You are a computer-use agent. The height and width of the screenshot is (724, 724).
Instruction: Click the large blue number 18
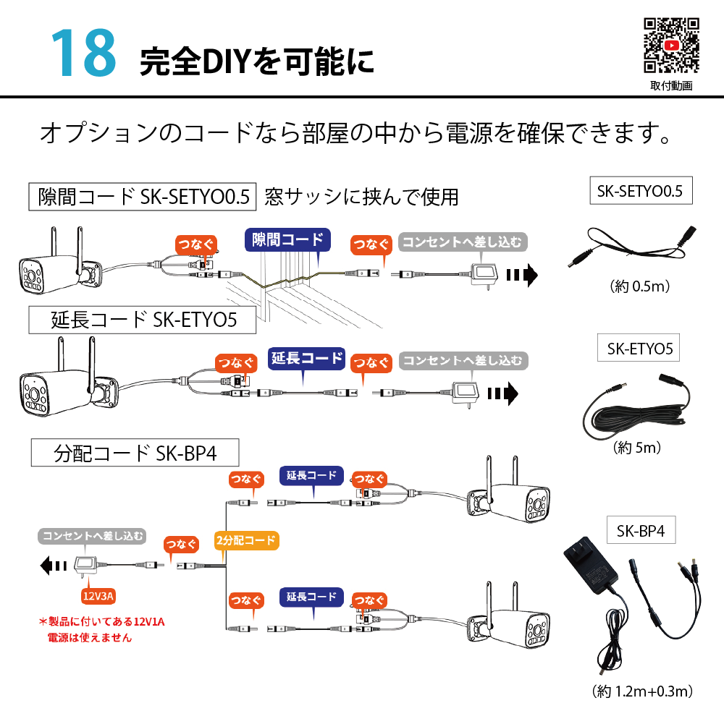tap(84, 52)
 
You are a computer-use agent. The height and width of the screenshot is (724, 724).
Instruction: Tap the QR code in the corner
tap(671, 46)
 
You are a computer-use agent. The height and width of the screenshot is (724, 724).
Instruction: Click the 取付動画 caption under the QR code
tap(671, 86)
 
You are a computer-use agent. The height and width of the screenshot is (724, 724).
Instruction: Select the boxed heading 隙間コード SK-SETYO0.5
tap(143, 197)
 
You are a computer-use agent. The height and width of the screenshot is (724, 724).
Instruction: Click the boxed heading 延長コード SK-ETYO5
tap(143, 320)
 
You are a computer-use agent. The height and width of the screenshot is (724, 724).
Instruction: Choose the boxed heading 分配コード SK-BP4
tap(135, 453)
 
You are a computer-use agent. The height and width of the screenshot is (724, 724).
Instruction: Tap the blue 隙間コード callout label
tap(287, 239)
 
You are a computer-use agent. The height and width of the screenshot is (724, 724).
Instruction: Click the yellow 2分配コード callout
tap(246, 540)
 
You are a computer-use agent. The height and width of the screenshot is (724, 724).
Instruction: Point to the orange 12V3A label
tap(98, 596)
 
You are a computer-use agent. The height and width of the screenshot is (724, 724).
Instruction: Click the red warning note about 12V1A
tap(101, 629)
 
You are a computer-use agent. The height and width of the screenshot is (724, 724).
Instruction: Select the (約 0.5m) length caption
tap(640, 286)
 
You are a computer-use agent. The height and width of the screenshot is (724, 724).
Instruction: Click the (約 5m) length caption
tap(636, 447)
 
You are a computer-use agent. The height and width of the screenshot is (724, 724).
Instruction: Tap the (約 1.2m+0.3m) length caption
tap(642, 691)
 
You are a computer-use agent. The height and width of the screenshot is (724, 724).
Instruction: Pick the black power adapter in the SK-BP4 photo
tap(590, 568)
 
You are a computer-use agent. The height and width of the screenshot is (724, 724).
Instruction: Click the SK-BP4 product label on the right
tap(641, 531)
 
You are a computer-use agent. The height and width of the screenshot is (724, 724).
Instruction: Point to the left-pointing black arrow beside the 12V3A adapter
tap(53, 566)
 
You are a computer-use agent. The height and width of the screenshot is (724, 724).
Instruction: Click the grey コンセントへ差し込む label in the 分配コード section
tap(92, 536)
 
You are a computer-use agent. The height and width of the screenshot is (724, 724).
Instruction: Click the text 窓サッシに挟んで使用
tap(361, 197)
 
